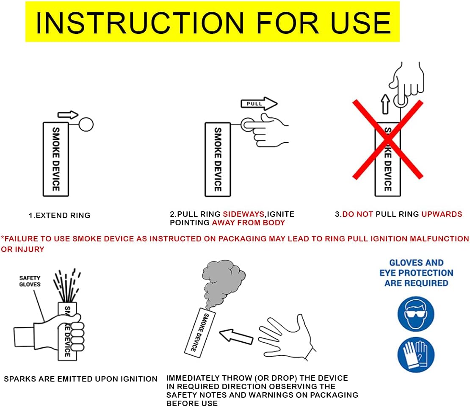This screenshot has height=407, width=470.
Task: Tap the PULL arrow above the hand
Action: click(x=259, y=104)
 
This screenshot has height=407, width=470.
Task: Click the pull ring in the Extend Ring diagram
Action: click(x=86, y=124)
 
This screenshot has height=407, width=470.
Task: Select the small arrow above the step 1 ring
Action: click(x=68, y=114)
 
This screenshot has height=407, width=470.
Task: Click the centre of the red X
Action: click(x=387, y=139)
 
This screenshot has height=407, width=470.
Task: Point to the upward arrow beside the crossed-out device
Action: click(x=385, y=104)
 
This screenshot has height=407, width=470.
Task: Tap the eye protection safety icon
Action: click(x=416, y=314)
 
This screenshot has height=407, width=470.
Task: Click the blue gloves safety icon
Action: click(x=416, y=354)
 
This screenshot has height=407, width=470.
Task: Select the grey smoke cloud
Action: click(x=223, y=282)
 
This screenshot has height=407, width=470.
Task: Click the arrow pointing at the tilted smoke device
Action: click(x=236, y=336)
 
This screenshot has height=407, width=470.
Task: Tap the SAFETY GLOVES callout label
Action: click(x=30, y=281)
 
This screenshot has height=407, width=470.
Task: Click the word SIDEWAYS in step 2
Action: click(x=244, y=214)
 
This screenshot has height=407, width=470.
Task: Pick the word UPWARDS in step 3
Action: click(x=442, y=214)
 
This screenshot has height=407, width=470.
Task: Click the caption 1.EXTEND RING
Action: click(x=59, y=216)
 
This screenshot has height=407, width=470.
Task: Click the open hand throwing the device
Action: click(x=287, y=336)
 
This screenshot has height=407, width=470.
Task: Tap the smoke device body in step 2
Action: click(x=218, y=159)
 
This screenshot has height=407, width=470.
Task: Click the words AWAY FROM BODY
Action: click(x=249, y=223)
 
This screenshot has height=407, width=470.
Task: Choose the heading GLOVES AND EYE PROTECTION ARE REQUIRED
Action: click(x=416, y=273)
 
